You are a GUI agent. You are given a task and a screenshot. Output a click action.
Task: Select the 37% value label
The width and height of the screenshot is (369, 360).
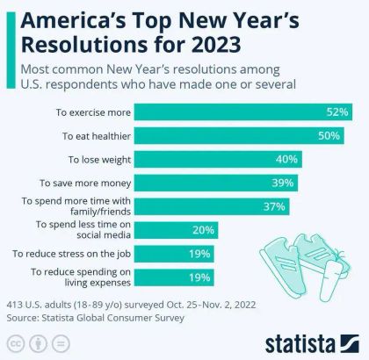coord(275,206)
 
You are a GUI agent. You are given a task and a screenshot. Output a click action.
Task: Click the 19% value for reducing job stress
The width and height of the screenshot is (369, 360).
coord(199,254)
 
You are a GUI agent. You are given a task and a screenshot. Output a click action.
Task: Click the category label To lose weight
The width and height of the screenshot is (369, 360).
coord(99,159)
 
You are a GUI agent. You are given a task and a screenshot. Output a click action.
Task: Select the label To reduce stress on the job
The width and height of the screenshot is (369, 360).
coord(72,254)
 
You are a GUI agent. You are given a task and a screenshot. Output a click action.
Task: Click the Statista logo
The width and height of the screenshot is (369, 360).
coord(310,340)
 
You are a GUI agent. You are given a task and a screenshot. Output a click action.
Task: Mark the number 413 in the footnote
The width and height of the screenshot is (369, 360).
coord(16,304)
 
